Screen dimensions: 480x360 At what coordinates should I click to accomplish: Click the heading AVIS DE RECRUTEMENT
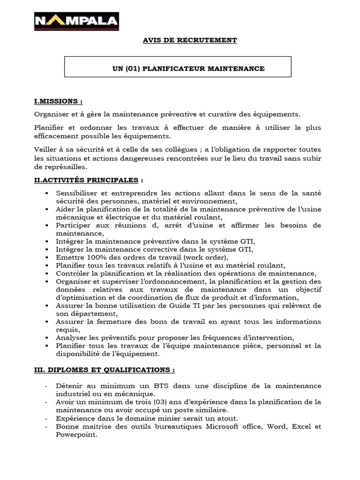tap(190, 40)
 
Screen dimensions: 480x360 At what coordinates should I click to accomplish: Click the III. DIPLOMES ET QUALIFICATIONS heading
tap(105, 369)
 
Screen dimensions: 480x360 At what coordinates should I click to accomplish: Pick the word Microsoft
tap(200, 427)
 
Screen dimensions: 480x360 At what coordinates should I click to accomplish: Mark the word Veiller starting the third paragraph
tap(45, 150)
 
